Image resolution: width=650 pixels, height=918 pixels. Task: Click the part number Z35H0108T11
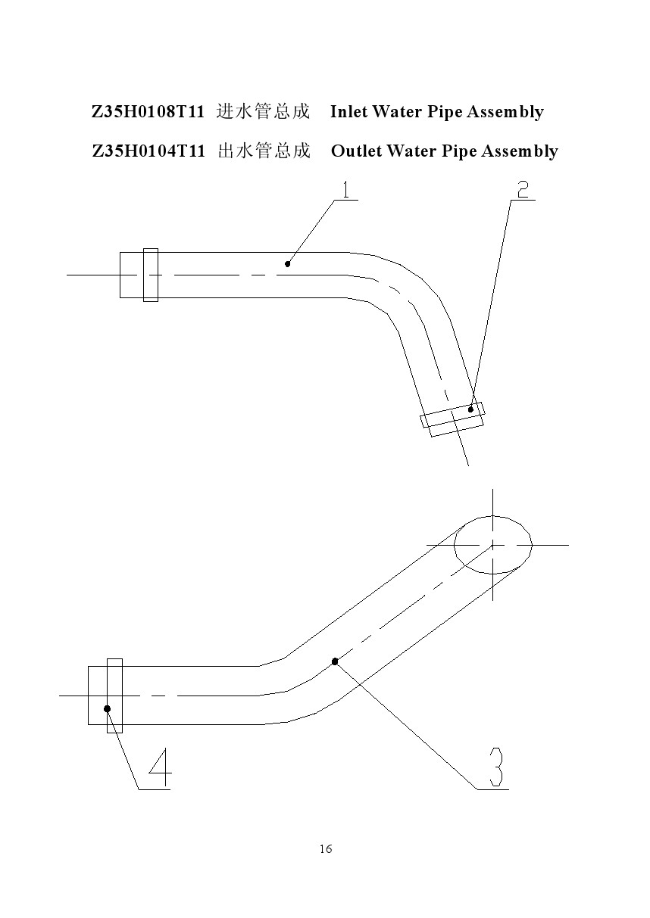(x=148, y=112)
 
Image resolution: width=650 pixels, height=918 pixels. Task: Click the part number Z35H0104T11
(x=148, y=151)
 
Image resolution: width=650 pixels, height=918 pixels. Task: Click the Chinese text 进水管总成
(x=263, y=111)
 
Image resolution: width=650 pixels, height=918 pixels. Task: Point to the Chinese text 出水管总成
(x=264, y=151)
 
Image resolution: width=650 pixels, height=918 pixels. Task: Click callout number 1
(x=346, y=190)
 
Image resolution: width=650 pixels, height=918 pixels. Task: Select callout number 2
(x=523, y=190)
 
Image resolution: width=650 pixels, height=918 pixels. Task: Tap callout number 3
(x=495, y=767)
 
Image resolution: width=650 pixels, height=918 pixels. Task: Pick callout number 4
(x=160, y=767)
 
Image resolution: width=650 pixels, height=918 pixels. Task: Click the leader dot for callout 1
(x=288, y=264)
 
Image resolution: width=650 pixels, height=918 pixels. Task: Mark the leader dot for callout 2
(x=470, y=409)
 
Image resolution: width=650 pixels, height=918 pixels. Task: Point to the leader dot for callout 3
(x=335, y=661)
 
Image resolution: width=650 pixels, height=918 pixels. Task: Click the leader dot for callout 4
(x=107, y=708)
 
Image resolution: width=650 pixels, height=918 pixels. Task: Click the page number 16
(x=326, y=848)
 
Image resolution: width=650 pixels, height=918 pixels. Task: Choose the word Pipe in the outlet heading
(x=459, y=151)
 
